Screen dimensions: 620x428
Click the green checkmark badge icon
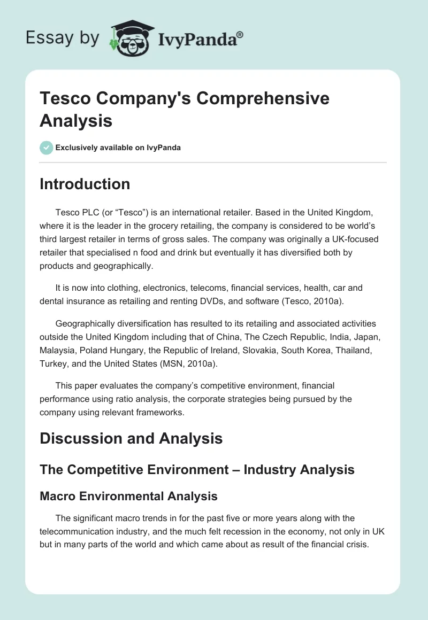click(47, 148)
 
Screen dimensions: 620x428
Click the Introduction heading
click(85, 184)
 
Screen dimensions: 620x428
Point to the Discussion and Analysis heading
click(131, 439)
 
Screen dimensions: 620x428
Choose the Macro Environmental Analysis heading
click(128, 496)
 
